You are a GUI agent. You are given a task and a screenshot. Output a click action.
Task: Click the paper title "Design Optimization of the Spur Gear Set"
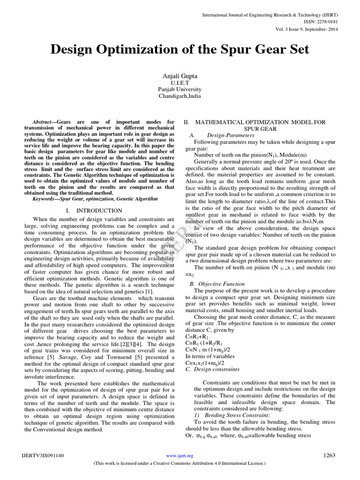(180, 50)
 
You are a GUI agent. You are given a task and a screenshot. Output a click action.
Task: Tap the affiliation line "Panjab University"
(180, 89)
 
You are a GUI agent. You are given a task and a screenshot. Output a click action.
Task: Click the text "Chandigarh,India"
(180, 96)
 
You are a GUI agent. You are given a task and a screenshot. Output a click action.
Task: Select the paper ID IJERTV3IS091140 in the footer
(43, 456)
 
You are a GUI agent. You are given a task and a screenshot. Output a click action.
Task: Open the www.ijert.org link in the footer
(180, 456)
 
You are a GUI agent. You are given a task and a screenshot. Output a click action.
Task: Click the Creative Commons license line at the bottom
(180, 463)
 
